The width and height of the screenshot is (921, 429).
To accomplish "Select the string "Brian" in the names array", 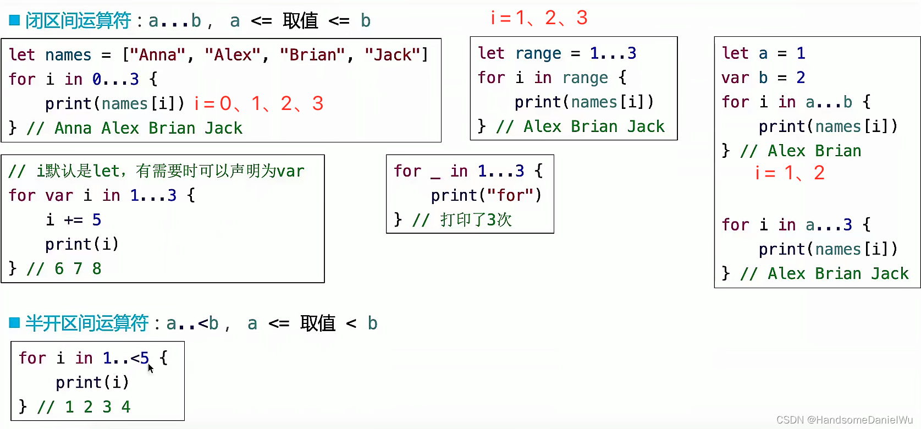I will [312, 55].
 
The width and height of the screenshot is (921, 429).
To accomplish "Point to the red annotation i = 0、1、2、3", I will [258, 103].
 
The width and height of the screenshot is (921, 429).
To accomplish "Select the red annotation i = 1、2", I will [790, 173].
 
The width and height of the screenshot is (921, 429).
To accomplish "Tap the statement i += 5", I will [74, 220].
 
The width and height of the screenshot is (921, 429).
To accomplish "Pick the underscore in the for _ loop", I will [435, 172].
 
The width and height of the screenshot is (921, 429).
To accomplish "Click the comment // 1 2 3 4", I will [84, 407].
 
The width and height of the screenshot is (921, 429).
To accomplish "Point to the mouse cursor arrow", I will [150, 367].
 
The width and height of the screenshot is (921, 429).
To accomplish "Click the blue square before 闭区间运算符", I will [15, 20].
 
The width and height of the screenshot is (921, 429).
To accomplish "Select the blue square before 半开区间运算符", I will [15, 322].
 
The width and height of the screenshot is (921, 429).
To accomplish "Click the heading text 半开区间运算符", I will [87, 323].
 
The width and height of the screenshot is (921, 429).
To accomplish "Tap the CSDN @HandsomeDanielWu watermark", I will [844, 420].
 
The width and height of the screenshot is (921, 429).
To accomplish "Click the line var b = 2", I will [763, 78].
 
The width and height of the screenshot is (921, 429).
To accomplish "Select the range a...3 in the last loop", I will [829, 225].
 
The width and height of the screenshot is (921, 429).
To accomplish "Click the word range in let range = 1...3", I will [538, 53].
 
